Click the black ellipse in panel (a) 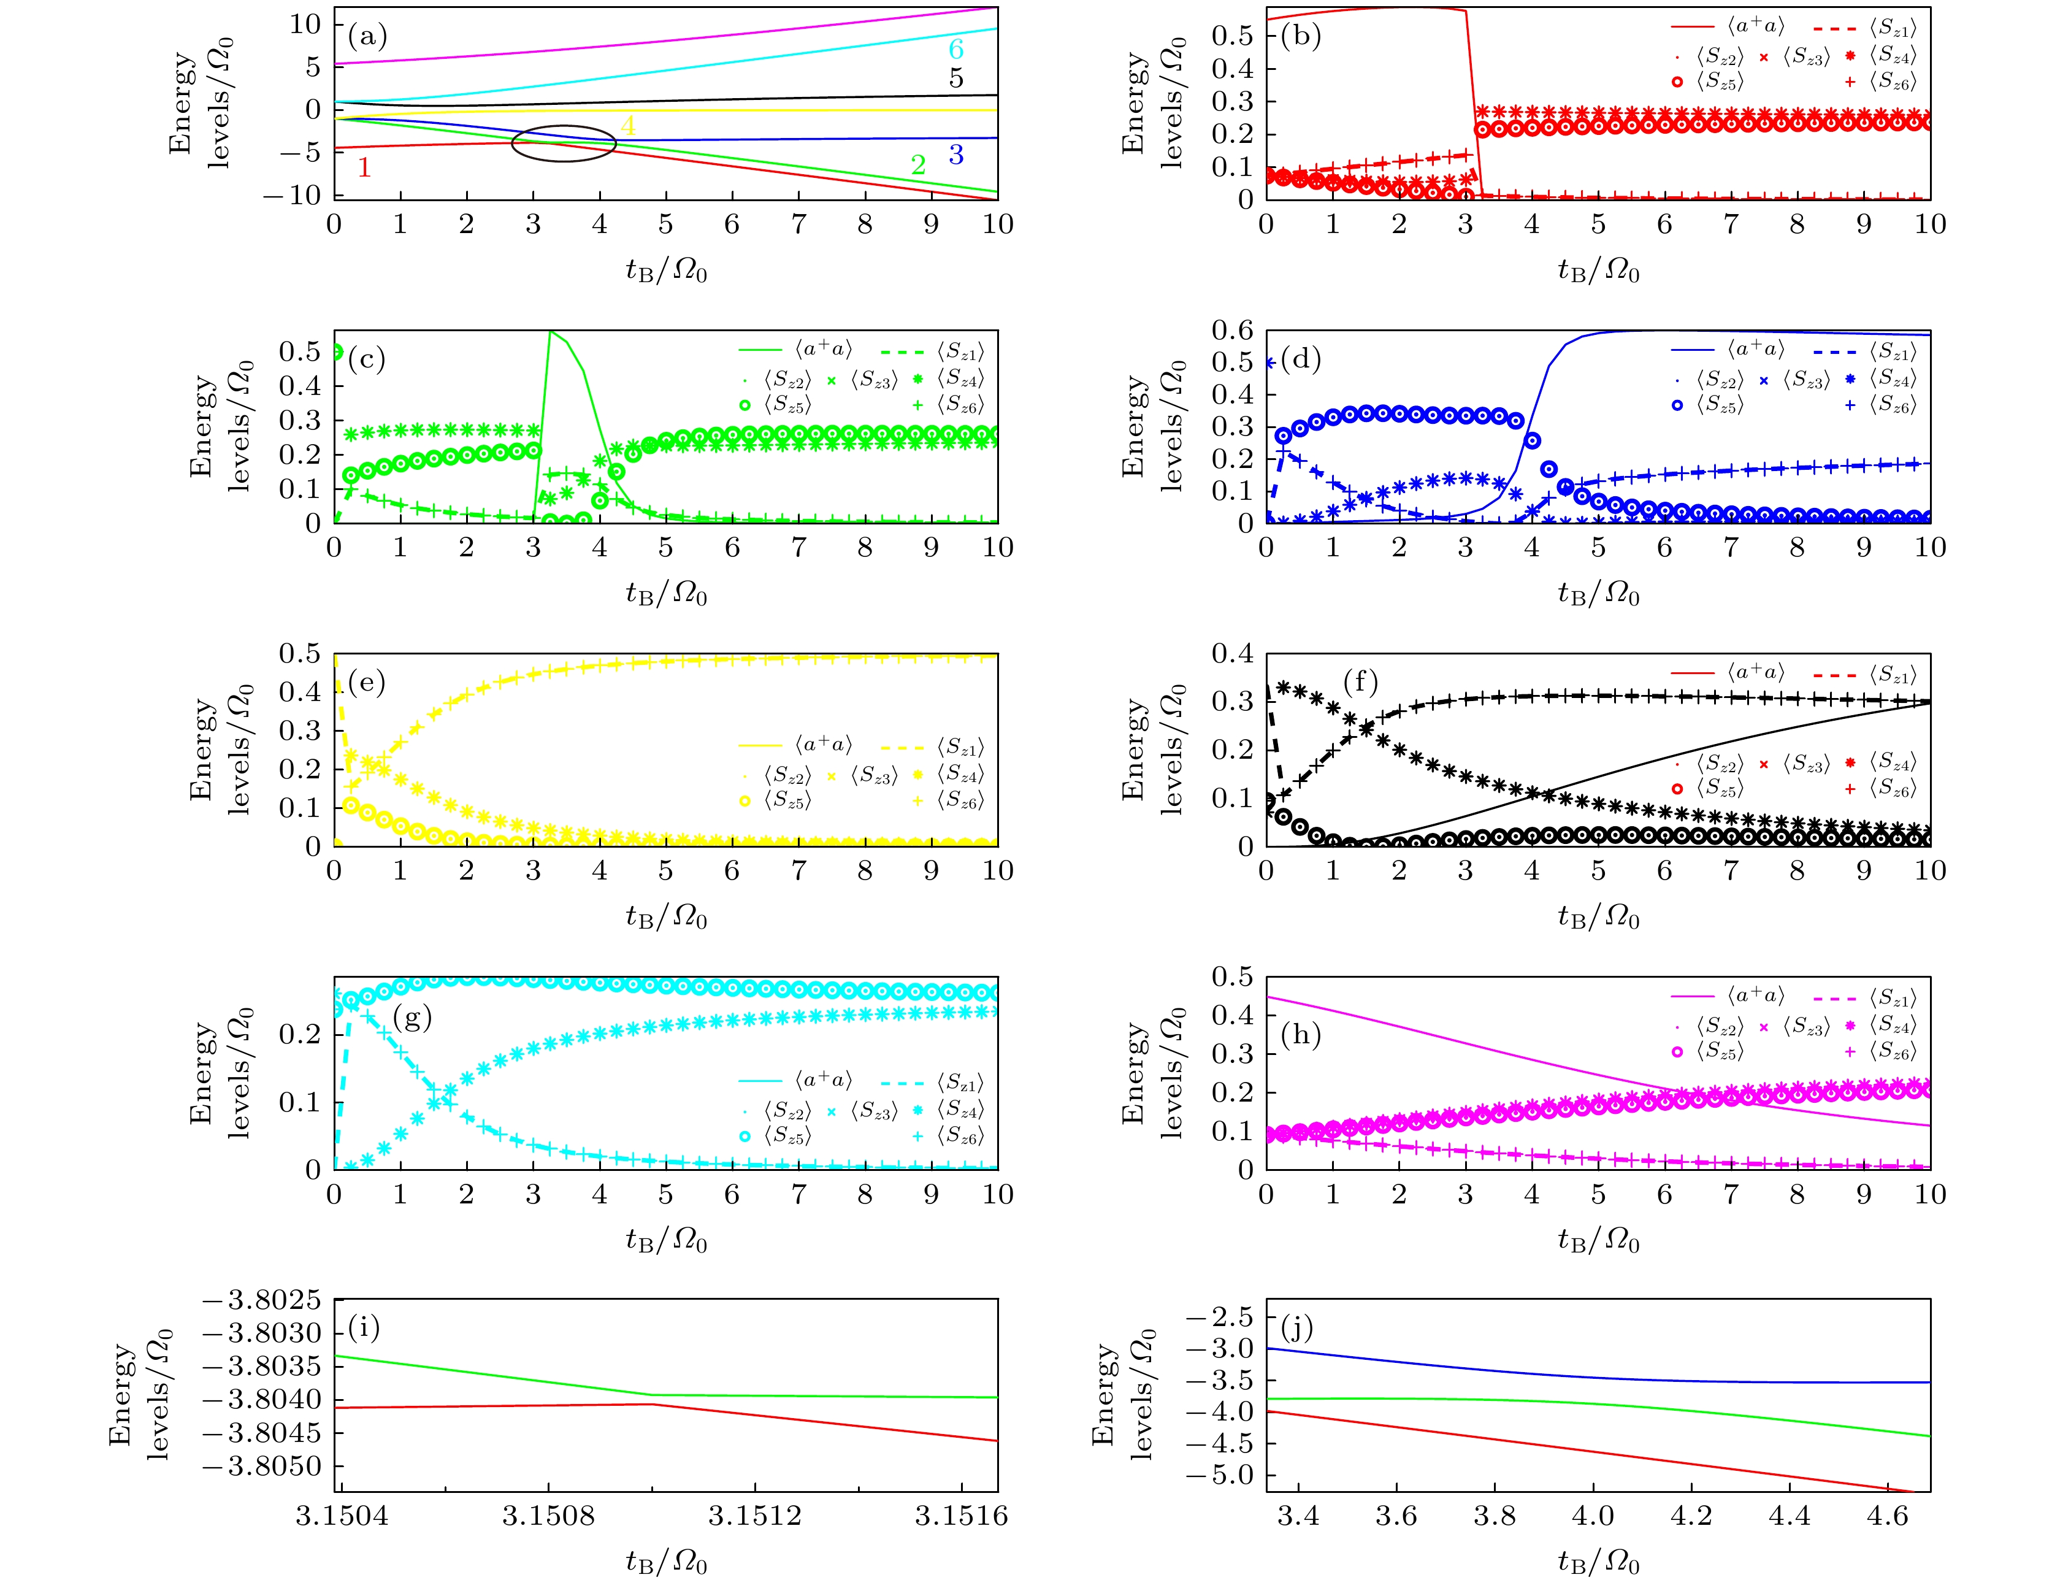click(x=564, y=143)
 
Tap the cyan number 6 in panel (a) click(x=955, y=49)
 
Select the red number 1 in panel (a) click(x=364, y=167)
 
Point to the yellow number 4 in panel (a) click(x=627, y=125)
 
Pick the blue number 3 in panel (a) click(x=955, y=154)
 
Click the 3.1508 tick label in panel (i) click(x=548, y=1515)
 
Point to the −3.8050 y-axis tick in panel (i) click(x=262, y=1466)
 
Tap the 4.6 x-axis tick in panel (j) click(x=1888, y=1515)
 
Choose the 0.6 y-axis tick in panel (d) click(x=1232, y=330)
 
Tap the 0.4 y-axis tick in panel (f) click(x=1232, y=653)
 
